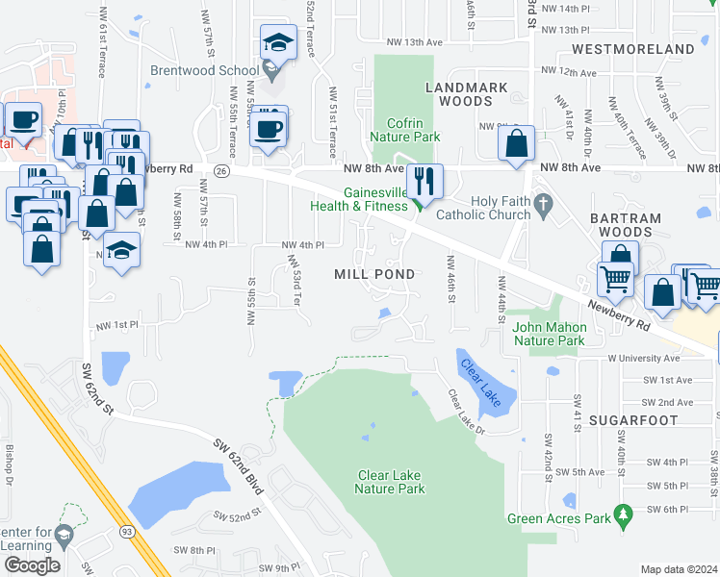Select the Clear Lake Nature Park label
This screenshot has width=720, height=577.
391,482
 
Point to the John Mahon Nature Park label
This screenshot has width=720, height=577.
549,334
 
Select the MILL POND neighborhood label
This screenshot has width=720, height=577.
374,274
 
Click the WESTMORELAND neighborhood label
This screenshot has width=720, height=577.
632,48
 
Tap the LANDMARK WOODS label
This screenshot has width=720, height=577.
467,94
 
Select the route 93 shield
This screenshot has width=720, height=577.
127,530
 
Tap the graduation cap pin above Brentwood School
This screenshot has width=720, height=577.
276,43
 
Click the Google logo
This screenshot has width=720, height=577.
32,564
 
